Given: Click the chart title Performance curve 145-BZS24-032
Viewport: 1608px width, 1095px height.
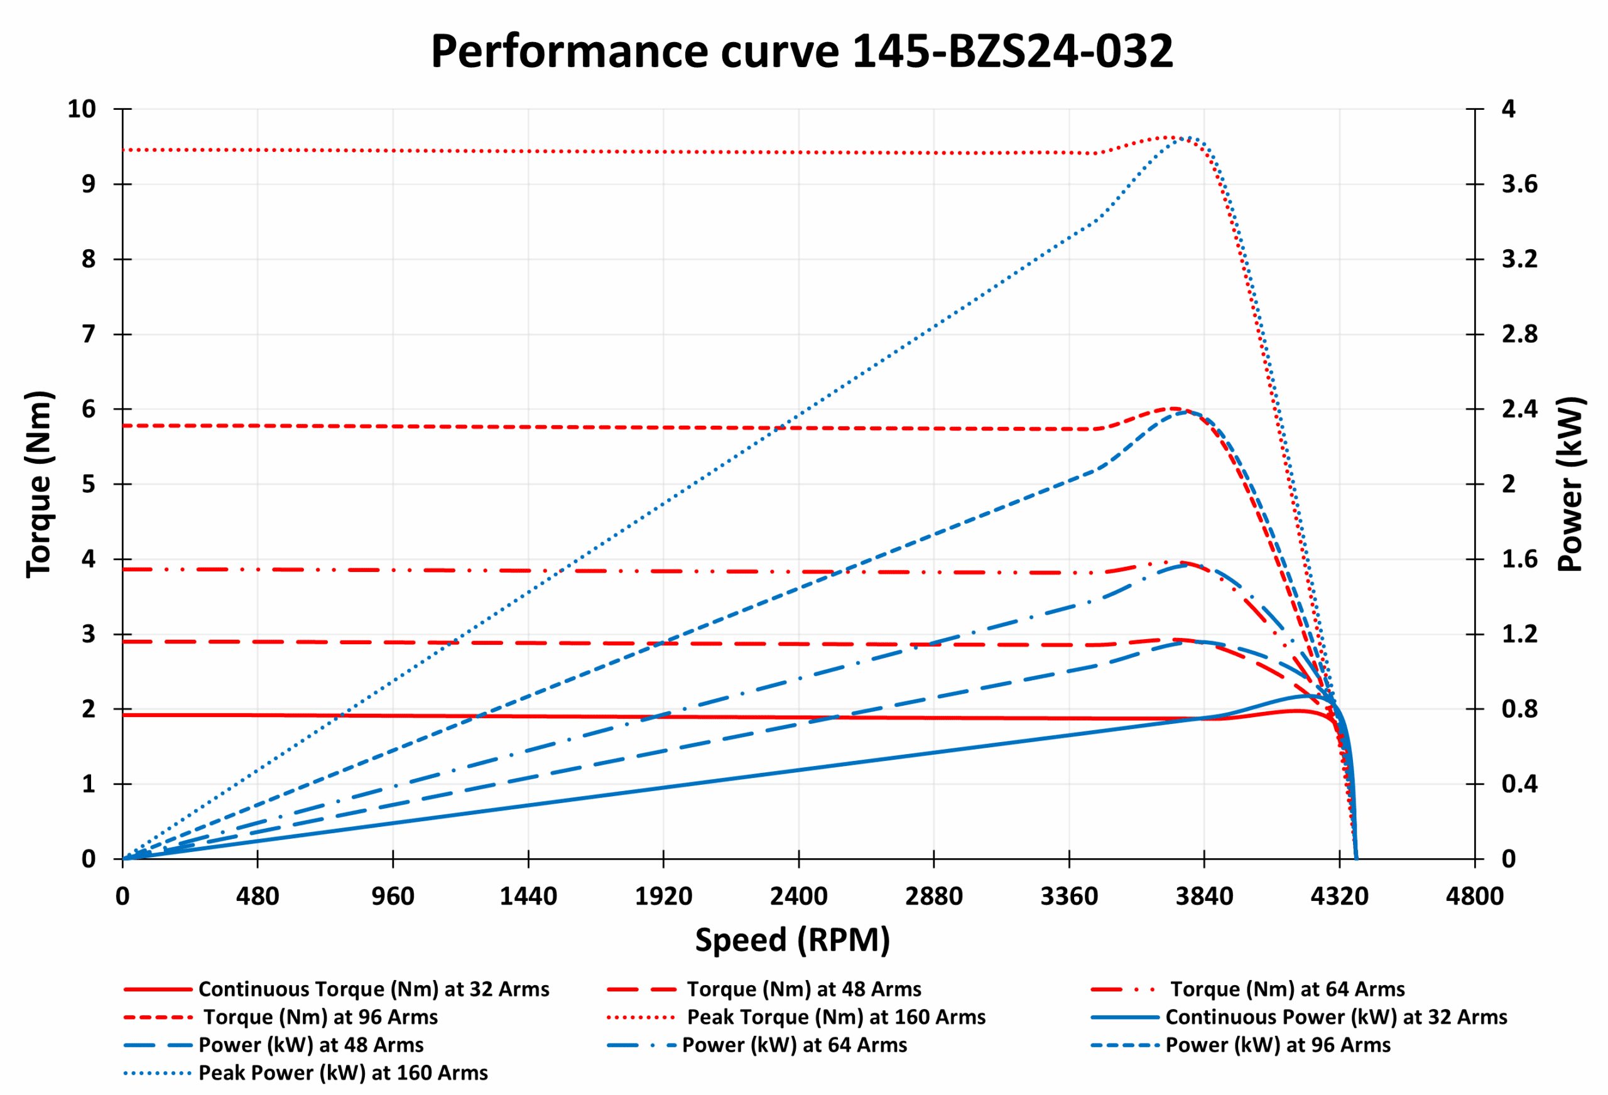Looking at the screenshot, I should [x=801, y=52].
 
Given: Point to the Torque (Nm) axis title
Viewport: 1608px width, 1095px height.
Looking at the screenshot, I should [x=39, y=484].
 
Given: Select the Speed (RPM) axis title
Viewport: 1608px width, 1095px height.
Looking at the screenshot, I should [x=792, y=940].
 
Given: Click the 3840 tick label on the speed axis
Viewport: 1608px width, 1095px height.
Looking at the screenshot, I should [x=1204, y=897].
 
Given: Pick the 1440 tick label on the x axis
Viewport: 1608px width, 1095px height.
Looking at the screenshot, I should [x=528, y=897].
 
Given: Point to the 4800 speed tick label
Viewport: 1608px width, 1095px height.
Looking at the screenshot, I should [x=1474, y=897].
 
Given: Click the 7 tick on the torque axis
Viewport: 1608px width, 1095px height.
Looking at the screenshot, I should [x=89, y=335].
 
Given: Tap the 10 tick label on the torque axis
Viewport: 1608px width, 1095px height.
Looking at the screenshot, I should [x=82, y=109].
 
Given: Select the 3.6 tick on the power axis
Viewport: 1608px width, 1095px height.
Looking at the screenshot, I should [x=1519, y=184].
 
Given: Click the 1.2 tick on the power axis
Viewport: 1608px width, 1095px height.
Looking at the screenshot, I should [x=1519, y=634].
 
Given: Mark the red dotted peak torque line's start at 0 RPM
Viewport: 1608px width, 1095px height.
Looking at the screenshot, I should [x=124, y=149].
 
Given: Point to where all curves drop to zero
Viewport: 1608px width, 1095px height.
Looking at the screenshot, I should [x=1355, y=858].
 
